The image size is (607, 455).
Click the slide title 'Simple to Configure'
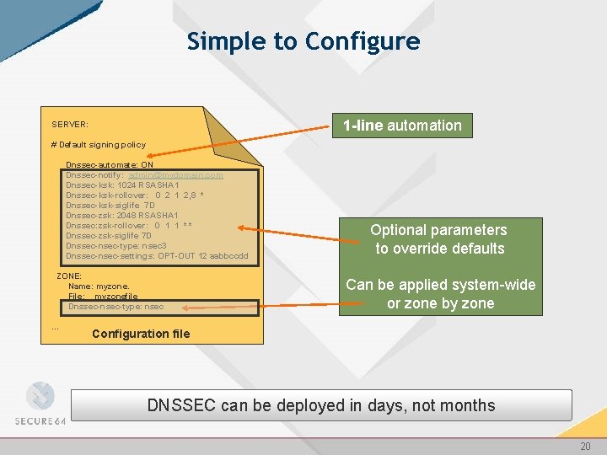[303, 41]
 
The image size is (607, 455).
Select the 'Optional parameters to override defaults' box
[438, 239]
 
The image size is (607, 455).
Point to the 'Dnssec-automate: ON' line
[109, 164]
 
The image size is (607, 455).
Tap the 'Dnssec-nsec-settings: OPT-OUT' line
[156, 255]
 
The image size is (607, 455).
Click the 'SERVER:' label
[70, 125]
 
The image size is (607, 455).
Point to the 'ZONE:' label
[69, 276]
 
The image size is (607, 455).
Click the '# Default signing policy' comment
[99, 144]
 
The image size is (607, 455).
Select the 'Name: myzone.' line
[99, 286]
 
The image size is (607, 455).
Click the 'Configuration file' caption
[141, 334]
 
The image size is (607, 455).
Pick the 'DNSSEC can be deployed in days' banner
[321, 405]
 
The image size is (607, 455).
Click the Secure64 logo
[40, 404]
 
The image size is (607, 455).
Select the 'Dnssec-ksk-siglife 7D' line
[110, 205]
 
